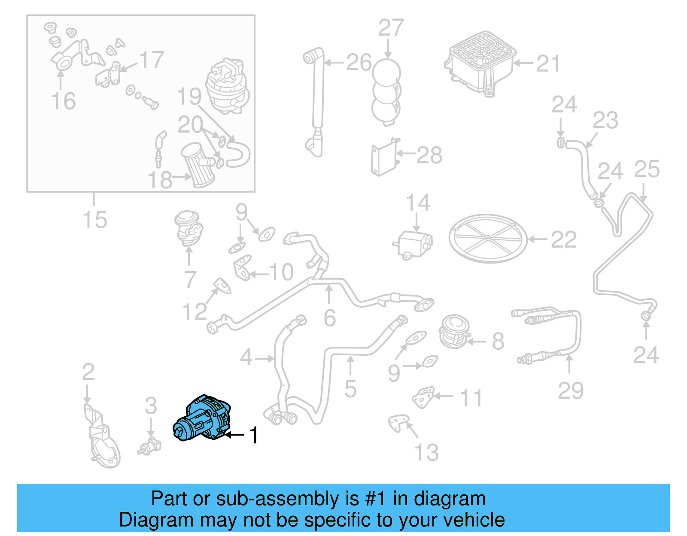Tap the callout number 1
point(254,435)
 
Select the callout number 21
point(548,64)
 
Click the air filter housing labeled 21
point(480,62)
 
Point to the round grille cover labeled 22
point(488,239)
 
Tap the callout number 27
point(391,28)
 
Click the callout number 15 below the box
point(95,220)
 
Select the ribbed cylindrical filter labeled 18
point(198,165)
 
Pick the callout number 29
point(571,391)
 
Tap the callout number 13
point(426,452)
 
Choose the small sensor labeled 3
point(149,445)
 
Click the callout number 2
point(88,372)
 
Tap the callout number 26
point(359,63)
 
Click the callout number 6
point(330,318)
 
